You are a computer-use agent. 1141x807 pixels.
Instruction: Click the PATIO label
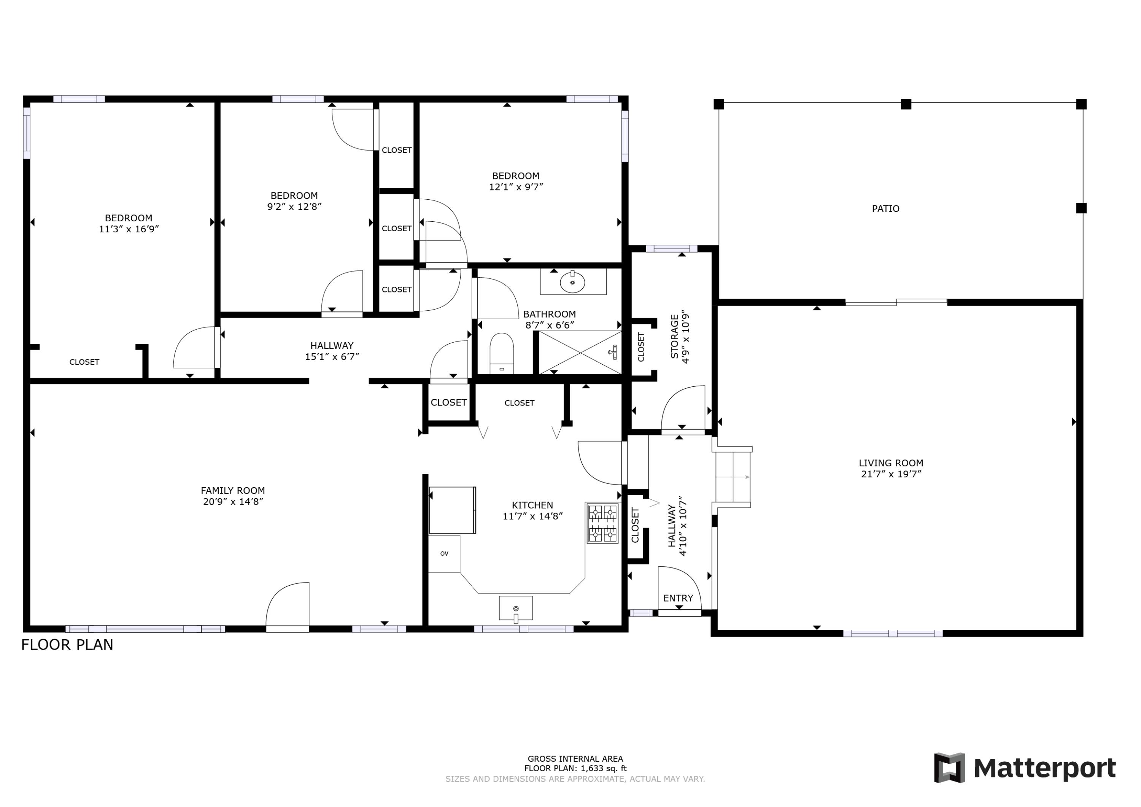pos(885,209)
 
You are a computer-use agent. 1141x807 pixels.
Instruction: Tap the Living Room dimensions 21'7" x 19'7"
pos(891,474)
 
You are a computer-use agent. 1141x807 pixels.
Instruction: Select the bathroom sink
pos(572,282)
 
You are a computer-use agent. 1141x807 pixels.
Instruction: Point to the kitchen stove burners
pos(602,523)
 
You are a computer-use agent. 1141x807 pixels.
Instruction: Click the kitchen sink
pos(516,609)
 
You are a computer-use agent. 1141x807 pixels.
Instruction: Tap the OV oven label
pos(444,554)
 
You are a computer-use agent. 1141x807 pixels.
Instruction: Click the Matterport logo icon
pos(949,768)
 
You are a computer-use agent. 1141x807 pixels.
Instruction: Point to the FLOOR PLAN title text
pos(67,645)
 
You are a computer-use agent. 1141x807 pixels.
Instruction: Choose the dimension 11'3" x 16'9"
pos(129,229)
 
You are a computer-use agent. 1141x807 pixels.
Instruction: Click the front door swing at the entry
pos(679,589)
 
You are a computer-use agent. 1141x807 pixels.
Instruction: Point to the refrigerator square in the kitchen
pos(452,510)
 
